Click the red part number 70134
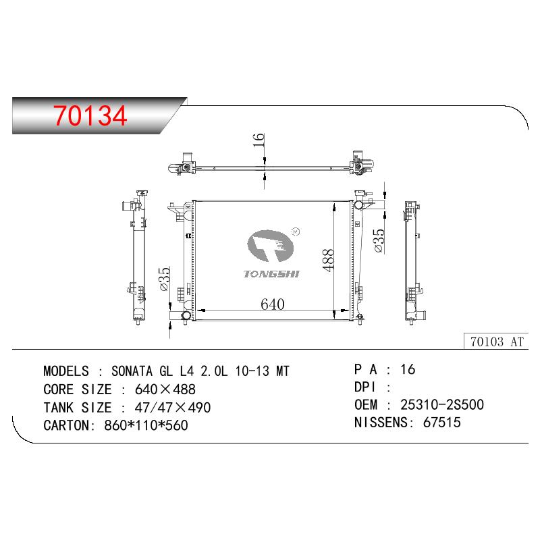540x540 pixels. coord(90,115)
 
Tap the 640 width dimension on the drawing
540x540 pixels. coord(273,304)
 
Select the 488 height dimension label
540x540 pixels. coord(329,260)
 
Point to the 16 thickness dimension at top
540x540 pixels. coord(259,140)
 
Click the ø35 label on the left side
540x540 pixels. coord(165,279)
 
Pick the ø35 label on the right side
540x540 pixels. coord(379,241)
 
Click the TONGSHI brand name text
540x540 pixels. coord(271,274)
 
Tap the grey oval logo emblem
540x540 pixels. coord(271,246)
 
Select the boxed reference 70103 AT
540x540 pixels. coord(496,342)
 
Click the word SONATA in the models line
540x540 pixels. coord(132,371)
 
